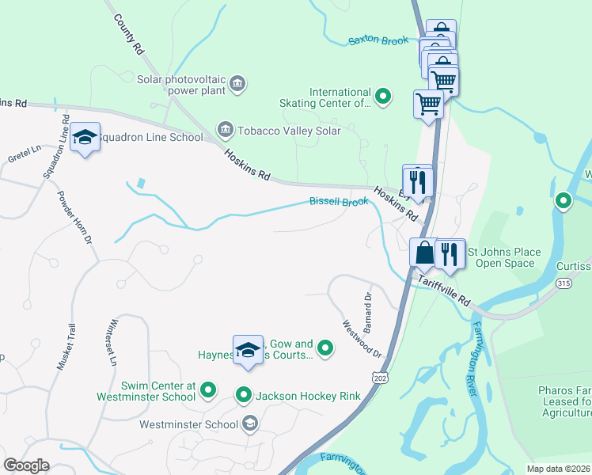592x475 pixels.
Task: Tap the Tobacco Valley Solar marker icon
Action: [225, 130]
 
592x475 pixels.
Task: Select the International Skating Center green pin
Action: [383, 97]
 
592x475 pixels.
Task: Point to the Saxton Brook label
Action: [378, 40]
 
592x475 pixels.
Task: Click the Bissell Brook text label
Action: [339, 203]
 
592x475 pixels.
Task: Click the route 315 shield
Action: [564, 283]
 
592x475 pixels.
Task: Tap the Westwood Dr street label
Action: [362, 338]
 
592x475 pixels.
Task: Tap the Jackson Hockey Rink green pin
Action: [244, 394]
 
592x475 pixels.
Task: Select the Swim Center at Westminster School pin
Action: [208, 389]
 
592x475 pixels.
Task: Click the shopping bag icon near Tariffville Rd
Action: [424, 253]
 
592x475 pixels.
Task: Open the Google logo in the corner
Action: [26, 465]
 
